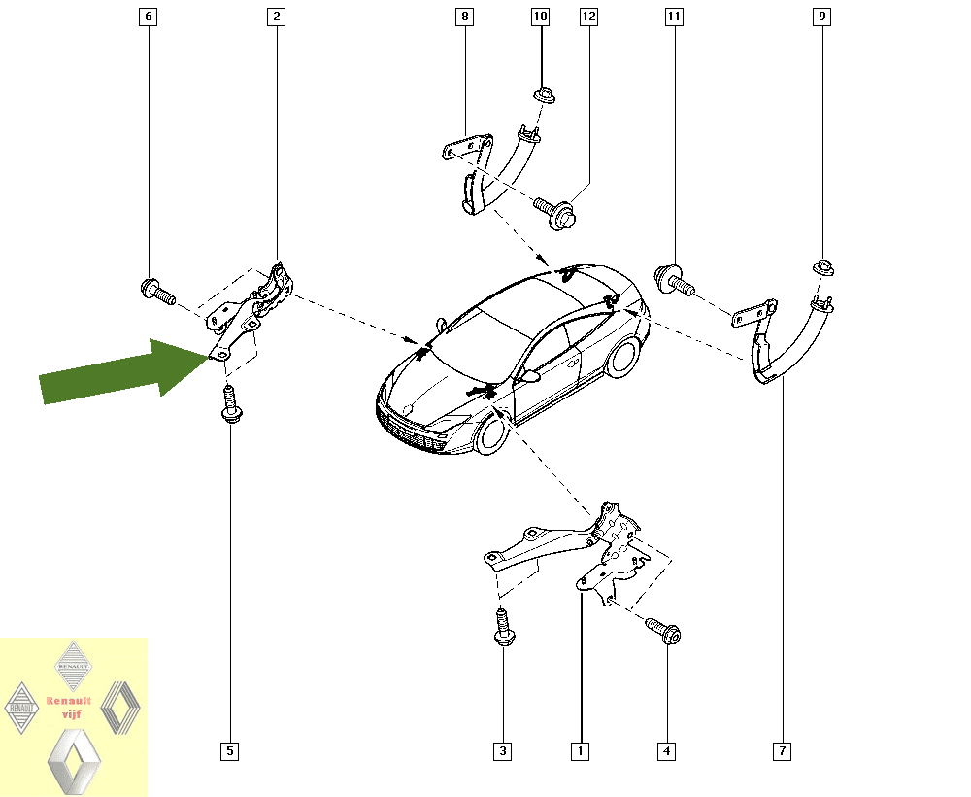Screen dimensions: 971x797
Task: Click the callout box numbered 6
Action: (x=148, y=17)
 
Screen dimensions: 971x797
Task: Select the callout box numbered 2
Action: (x=276, y=17)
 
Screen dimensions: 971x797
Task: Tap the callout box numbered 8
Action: (x=464, y=17)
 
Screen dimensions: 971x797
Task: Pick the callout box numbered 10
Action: (x=541, y=17)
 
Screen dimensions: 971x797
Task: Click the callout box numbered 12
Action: (x=589, y=17)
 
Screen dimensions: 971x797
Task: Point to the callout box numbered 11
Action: (x=674, y=17)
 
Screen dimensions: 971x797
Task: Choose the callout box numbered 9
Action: (x=821, y=17)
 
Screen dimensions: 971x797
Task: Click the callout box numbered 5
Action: (x=230, y=751)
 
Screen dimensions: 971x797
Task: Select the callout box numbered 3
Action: (x=502, y=751)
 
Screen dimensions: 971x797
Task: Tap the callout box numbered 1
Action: (x=581, y=751)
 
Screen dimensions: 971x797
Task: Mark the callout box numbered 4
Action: (x=666, y=751)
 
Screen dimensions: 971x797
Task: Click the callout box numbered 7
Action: (x=782, y=751)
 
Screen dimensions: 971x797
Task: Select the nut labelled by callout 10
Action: (x=544, y=95)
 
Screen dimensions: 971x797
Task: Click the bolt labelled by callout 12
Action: (x=554, y=212)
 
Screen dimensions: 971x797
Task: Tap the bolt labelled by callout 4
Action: (x=663, y=630)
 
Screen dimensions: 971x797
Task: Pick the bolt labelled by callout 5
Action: (x=230, y=403)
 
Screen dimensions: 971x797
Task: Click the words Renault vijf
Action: (x=69, y=708)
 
